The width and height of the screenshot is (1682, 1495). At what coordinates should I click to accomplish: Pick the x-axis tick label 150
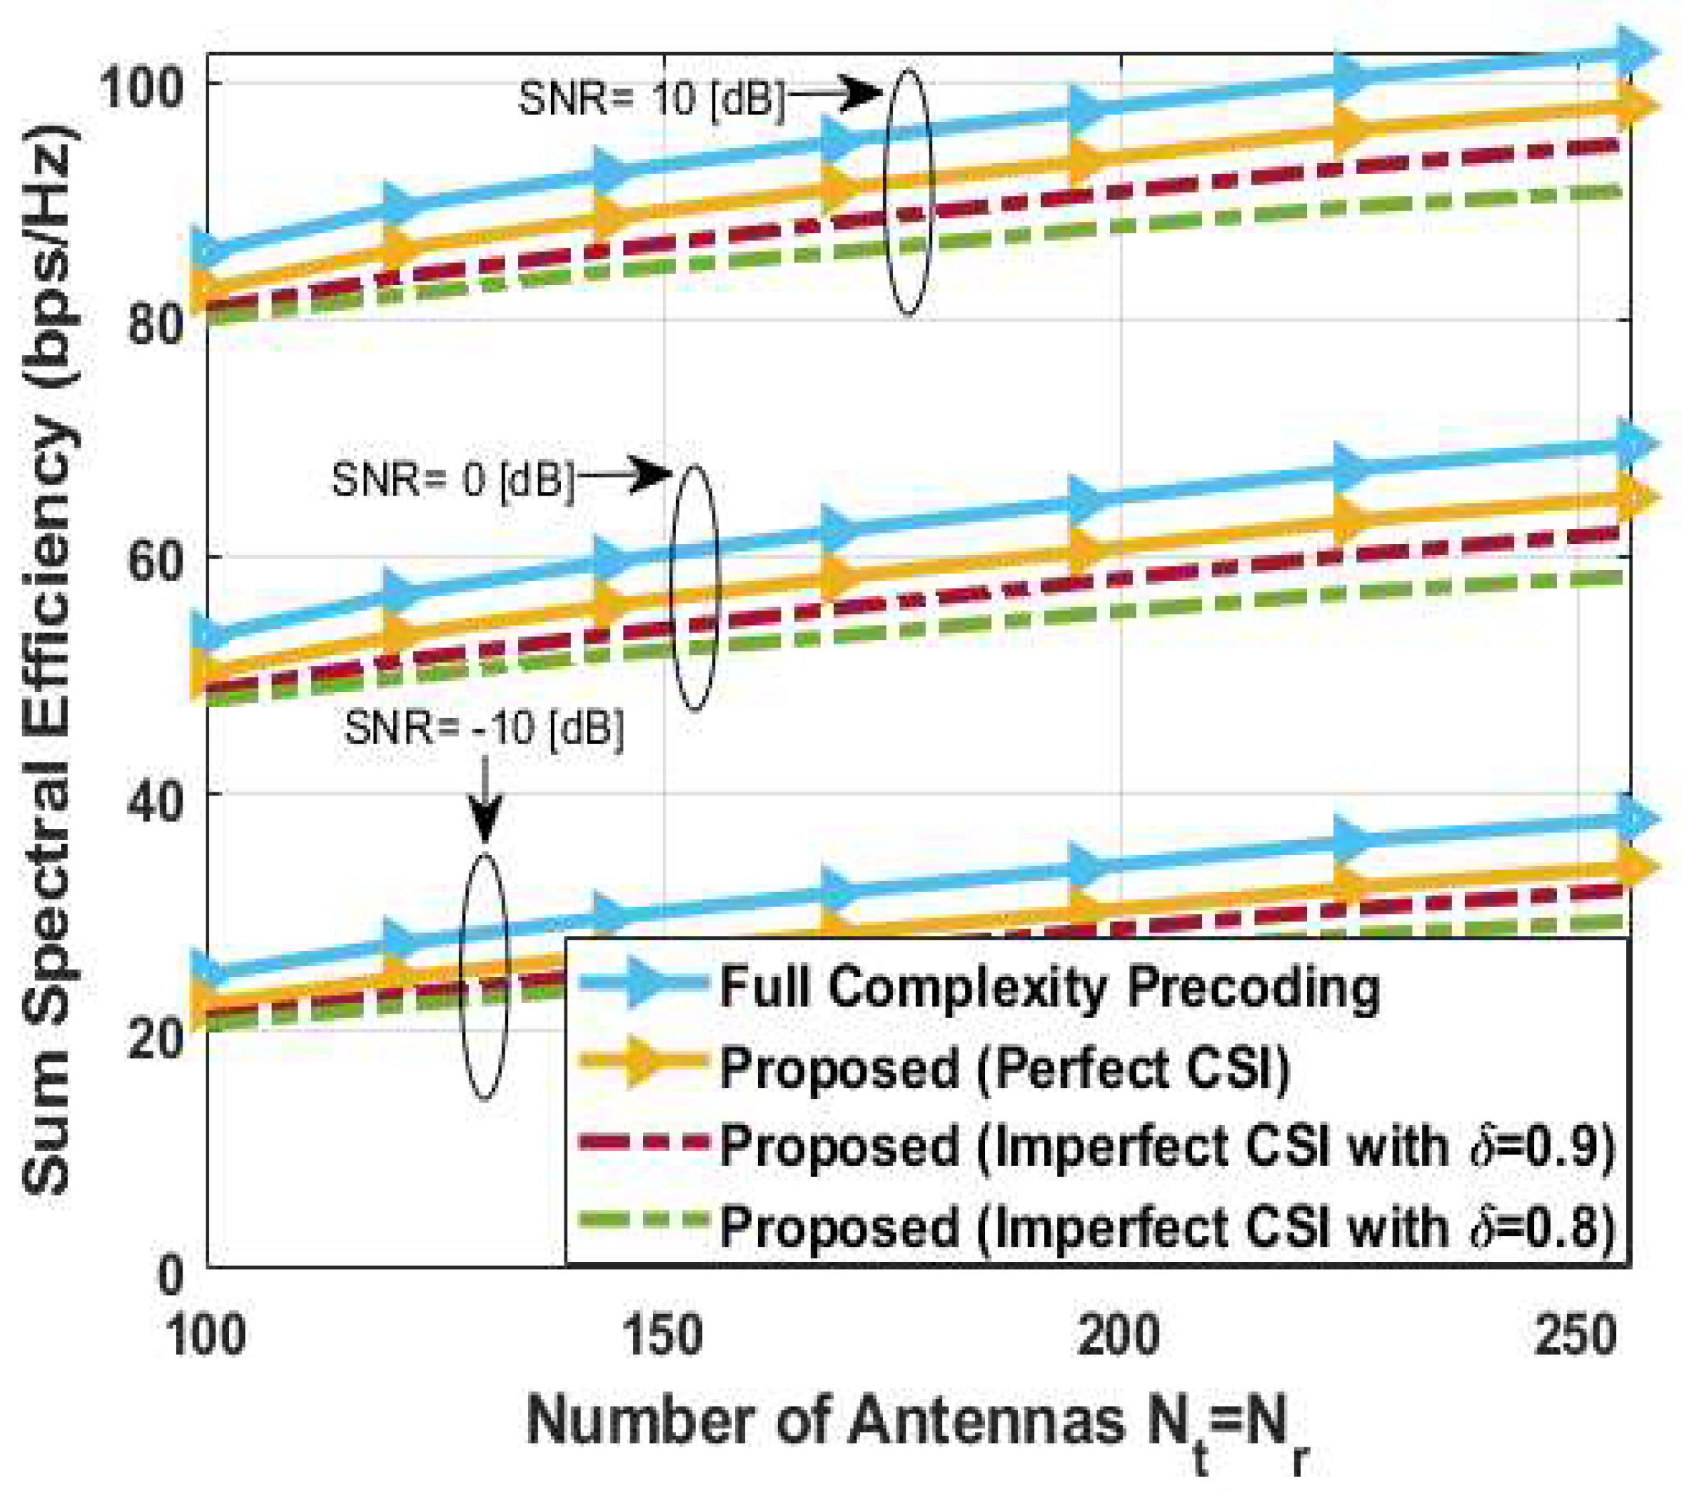coord(663,1337)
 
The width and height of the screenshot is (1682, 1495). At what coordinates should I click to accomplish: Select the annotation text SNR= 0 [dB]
coord(453,479)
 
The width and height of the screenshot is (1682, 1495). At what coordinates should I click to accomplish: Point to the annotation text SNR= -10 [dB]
coord(484,728)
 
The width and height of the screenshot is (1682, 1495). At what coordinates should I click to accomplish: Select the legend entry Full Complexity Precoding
coord(1049,988)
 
